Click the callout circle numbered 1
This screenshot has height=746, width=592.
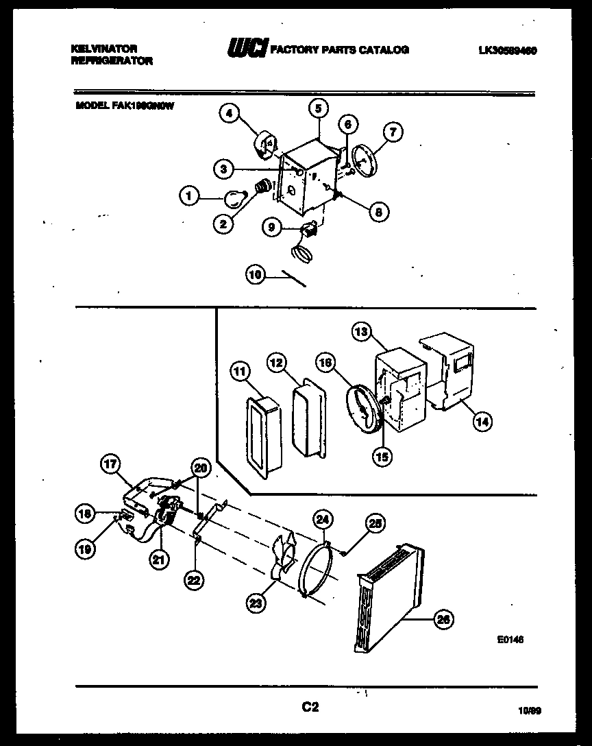point(188,196)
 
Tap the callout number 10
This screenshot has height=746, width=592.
point(255,275)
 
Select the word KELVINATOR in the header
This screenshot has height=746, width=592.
point(104,49)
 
